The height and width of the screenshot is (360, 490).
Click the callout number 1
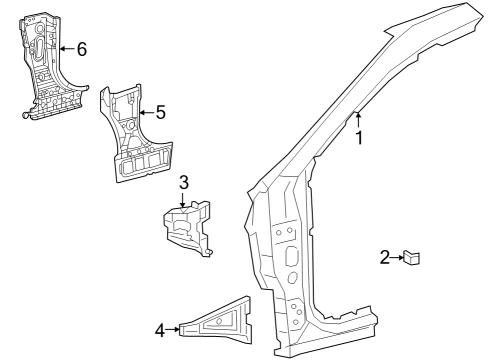[x=359, y=138]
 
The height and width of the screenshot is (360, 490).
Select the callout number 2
[x=385, y=257]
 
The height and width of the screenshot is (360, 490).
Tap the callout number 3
[x=184, y=182]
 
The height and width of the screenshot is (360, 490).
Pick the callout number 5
[x=161, y=112]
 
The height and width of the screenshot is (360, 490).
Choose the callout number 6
[x=82, y=49]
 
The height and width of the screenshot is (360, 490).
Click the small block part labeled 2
[x=412, y=257]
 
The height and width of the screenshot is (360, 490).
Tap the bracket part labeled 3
[x=188, y=228]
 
